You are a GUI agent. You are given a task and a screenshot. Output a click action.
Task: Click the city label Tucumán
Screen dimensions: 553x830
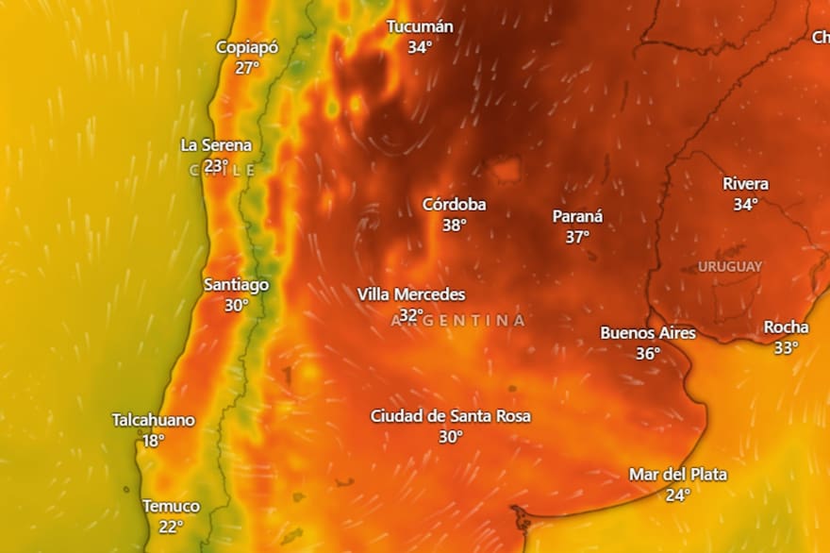(x=420, y=26)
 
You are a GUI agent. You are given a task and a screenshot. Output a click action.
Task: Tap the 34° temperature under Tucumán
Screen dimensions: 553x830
(x=420, y=47)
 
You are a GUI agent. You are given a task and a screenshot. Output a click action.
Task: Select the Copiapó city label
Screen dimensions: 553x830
(x=247, y=47)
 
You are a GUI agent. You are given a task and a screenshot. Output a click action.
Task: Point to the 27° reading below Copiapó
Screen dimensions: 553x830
(x=247, y=68)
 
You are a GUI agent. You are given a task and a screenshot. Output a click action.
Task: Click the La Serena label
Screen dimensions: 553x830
(x=216, y=145)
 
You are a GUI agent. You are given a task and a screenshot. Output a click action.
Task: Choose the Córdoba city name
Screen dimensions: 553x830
(x=455, y=204)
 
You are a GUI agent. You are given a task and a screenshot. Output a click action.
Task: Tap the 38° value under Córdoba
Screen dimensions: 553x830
(x=455, y=225)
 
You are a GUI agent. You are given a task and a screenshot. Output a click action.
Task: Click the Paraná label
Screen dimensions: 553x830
(x=577, y=216)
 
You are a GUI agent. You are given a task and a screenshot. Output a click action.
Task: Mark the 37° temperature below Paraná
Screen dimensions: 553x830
(x=577, y=237)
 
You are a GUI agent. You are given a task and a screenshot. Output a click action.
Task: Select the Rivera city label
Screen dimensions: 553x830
(x=745, y=183)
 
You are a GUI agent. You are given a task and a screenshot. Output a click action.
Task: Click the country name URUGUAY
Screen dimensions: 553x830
(x=730, y=267)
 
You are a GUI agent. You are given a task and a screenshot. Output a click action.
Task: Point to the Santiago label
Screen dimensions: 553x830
(x=237, y=284)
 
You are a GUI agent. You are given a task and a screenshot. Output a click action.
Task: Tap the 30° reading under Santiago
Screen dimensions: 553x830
(x=237, y=305)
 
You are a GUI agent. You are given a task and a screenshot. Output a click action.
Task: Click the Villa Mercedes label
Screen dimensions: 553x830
(x=411, y=294)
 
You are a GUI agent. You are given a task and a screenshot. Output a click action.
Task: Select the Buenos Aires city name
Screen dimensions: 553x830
(x=648, y=333)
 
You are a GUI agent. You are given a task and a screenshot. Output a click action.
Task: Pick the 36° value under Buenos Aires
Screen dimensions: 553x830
(x=648, y=354)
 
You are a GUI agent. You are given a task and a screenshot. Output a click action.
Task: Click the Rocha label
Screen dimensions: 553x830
(x=786, y=327)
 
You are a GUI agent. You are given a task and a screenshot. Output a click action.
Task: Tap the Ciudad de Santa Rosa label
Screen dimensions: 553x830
(x=451, y=416)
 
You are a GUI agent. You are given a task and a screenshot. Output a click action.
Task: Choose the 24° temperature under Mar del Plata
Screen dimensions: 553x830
(x=678, y=494)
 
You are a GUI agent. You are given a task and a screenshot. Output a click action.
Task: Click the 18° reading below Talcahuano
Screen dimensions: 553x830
(x=153, y=441)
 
